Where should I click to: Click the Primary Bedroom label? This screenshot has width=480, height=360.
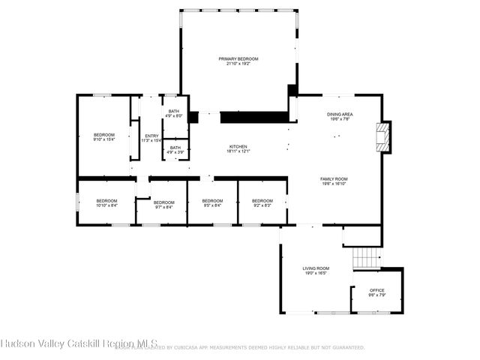point(238,58)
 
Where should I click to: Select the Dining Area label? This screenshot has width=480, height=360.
point(340,114)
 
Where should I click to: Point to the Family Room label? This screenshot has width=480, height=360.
point(334,178)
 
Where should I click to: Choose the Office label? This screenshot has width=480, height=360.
point(377,290)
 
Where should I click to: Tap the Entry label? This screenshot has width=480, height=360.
point(151,136)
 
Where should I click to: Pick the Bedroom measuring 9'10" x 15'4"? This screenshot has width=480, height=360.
point(103,135)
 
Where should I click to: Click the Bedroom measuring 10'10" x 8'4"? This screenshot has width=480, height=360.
point(106,201)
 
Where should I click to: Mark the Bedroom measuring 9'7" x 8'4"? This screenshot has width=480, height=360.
point(163,202)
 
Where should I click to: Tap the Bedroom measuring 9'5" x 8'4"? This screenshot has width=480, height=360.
point(212,201)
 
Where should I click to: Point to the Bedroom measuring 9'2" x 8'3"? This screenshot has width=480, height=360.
point(262,201)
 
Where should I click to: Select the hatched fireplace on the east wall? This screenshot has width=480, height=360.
point(384,137)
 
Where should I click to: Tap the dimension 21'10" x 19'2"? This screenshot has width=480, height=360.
point(238,64)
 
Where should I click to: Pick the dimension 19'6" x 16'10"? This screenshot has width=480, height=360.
point(334,184)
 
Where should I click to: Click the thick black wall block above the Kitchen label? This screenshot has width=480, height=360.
point(253,117)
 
